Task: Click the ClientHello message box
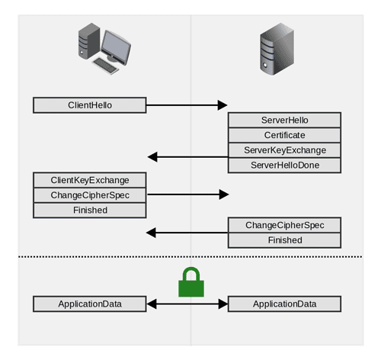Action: coord(90,104)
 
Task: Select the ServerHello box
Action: coord(284,121)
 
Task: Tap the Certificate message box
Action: coord(284,135)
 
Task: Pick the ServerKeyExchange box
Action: coord(284,149)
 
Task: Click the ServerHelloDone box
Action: coord(284,165)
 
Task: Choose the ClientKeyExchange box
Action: coord(90,180)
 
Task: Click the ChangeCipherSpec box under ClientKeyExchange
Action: coord(90,194)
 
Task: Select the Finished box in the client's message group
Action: coord(90,210)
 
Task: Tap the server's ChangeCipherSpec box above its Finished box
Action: coord(284,225)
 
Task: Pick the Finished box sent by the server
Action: coord(284,239)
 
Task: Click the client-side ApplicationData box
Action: coord(90,304)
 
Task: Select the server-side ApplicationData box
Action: coord(284,304)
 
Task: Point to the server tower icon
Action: coord(277,50)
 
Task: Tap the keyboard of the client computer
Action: coord(108,67)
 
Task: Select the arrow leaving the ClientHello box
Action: coord(187,104)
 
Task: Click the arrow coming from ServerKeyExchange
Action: coord(187,157)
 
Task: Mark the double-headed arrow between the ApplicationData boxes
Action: coord(187,304)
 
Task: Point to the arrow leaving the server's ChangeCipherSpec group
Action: coord(187,232)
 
